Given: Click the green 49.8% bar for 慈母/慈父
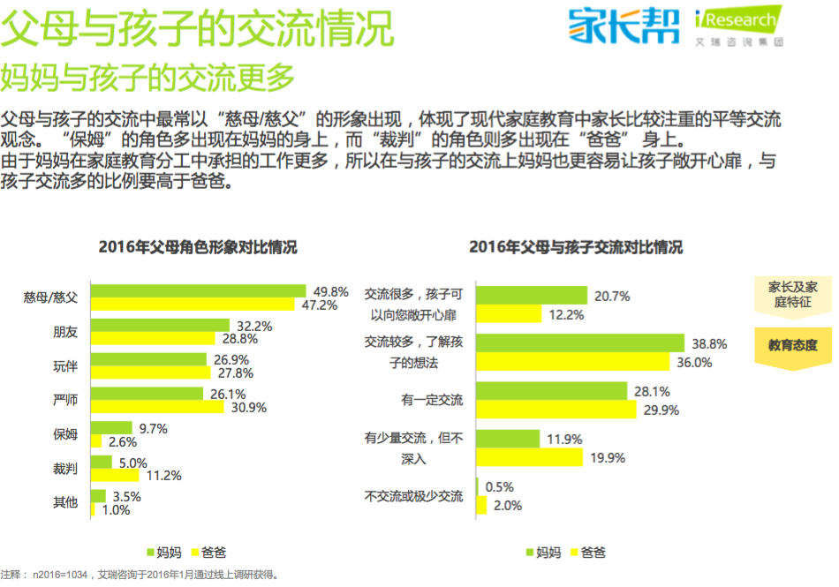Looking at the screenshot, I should pos(199,291).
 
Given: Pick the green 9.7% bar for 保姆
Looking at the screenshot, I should pos(111,428).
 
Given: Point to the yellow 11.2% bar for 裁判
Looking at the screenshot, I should pos(115,476).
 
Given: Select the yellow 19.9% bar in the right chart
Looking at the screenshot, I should pos(529,457).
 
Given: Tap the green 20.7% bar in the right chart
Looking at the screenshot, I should pos(532,295).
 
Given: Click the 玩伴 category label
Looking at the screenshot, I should pos(65,366).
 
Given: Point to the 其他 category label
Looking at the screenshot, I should pos(65,502).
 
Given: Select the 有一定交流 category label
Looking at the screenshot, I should pos(432,400).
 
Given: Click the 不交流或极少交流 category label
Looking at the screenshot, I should pos(413,496).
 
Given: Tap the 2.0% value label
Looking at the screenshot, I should pos(508,506).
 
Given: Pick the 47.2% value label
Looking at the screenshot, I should pos(320,305).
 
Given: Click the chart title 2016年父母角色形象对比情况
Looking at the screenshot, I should pos(198,247).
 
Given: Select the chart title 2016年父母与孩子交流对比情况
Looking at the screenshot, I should pos(576,247).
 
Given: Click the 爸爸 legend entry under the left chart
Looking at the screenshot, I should pos(207,553).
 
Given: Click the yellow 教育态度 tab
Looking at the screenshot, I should pos(792,345).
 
